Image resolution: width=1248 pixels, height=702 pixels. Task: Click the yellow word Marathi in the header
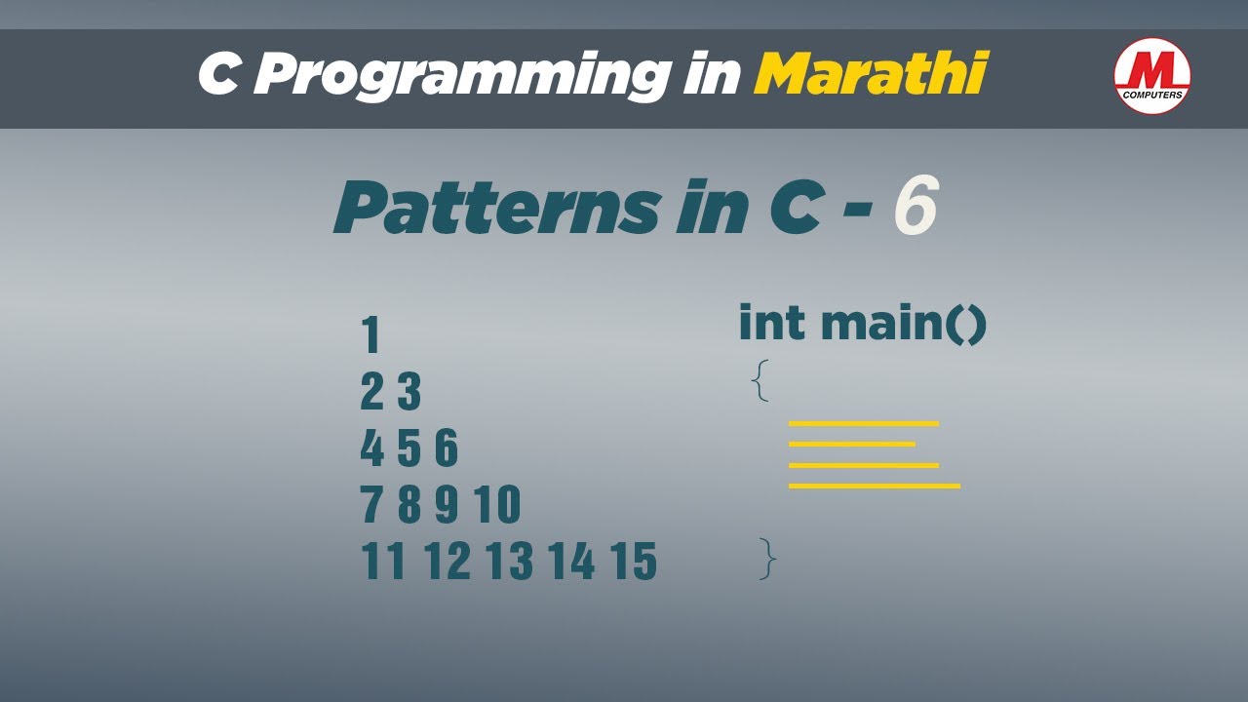click(870, 73)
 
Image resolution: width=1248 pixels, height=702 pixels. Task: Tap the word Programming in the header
click(461, 76)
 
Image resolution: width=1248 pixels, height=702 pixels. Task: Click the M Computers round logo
click(1152, 76)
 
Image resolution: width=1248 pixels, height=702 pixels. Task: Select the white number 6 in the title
click(916, 206)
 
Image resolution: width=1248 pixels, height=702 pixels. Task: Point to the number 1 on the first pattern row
click(371, 334)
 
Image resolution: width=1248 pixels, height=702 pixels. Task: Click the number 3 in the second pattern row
click(409, 392)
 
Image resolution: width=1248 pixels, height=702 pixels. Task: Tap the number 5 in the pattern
click(409, 448)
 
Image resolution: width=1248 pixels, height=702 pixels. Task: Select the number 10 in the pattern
click(497, 504)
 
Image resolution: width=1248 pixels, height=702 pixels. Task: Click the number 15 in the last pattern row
click(635, 561)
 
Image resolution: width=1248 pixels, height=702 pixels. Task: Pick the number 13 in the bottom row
click(510, 561)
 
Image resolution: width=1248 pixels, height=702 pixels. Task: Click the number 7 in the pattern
click(371, 504)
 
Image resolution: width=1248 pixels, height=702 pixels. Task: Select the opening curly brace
click(760, 380)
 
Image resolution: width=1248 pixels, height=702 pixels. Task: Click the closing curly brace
click(767, 559)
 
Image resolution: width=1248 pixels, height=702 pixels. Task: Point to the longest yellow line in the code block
click(875, 487)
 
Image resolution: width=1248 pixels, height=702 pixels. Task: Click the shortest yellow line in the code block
click(852, 444)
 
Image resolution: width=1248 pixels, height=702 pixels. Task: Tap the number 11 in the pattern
click(383, 561)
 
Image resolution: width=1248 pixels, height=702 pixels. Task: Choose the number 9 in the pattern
click(447, 504)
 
